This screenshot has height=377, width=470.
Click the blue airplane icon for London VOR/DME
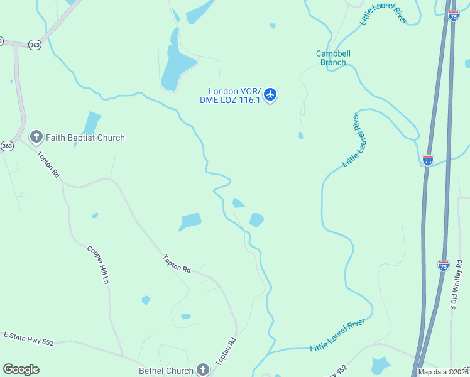coord(270,95)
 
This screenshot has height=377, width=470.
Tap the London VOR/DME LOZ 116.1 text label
coord(230,96)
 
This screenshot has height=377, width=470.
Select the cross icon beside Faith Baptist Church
coord(36,137)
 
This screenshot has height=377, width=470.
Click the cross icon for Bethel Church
coord(202,369)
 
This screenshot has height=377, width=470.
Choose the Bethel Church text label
coord(166,371)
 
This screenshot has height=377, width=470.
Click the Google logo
coord(21,369)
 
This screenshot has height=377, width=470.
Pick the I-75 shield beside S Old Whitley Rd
coord(443,265)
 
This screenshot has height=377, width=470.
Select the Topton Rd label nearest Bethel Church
coord(225,352)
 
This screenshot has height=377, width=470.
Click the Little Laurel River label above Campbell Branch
coord(383,13)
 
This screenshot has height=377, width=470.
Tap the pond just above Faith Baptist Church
coord(91,121)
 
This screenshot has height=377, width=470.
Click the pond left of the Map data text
coord(380,365)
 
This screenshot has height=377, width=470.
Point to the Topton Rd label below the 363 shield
coord(48,165)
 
